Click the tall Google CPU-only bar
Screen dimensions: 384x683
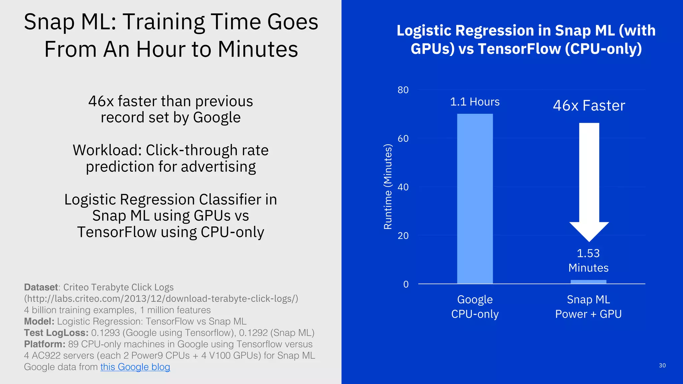475,199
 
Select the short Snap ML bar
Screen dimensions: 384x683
588,282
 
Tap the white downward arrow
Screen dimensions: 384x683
589,180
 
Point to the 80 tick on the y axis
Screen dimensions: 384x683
403,90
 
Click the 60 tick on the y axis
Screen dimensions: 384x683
403,139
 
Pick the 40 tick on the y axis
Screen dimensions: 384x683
403,187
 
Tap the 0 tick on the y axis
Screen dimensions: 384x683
406,284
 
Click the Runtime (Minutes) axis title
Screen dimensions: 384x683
388,187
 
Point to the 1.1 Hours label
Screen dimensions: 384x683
475,102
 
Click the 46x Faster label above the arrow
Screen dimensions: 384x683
589,106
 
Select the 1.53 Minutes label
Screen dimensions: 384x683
588,260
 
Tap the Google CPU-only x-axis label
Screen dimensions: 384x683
475,307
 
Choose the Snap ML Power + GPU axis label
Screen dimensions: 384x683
588,307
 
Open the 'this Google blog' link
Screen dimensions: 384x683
135,367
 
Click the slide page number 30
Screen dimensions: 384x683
662,365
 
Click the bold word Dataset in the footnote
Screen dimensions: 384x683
41,287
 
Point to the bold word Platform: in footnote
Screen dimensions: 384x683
45,344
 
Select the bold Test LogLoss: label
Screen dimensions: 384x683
56,333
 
